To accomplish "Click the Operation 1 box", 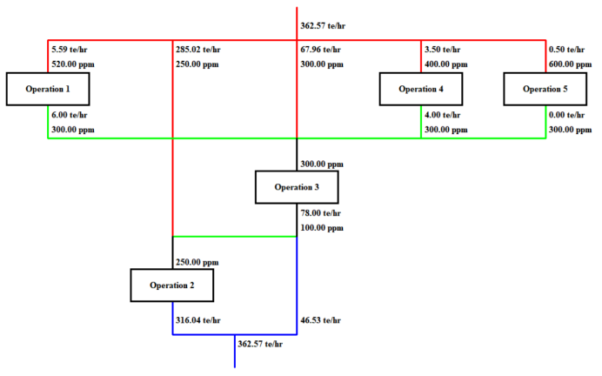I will [48, 89].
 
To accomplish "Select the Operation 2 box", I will [172, 285].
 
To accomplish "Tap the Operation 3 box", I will [297, 186].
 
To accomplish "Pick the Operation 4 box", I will [421, 89].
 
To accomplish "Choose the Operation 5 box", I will [545, 89].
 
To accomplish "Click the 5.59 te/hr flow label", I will [70, 50].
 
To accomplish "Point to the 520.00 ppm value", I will [74, 64].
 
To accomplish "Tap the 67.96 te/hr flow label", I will [321, 50].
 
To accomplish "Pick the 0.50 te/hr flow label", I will [567, 50].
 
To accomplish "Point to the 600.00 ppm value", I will [571, 64].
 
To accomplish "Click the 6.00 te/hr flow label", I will [70, 115].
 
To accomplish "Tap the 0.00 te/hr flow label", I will [567, 115].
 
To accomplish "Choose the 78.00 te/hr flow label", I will [321, 213].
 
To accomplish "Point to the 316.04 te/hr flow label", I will [199, 320].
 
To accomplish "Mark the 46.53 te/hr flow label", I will [321, 320].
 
